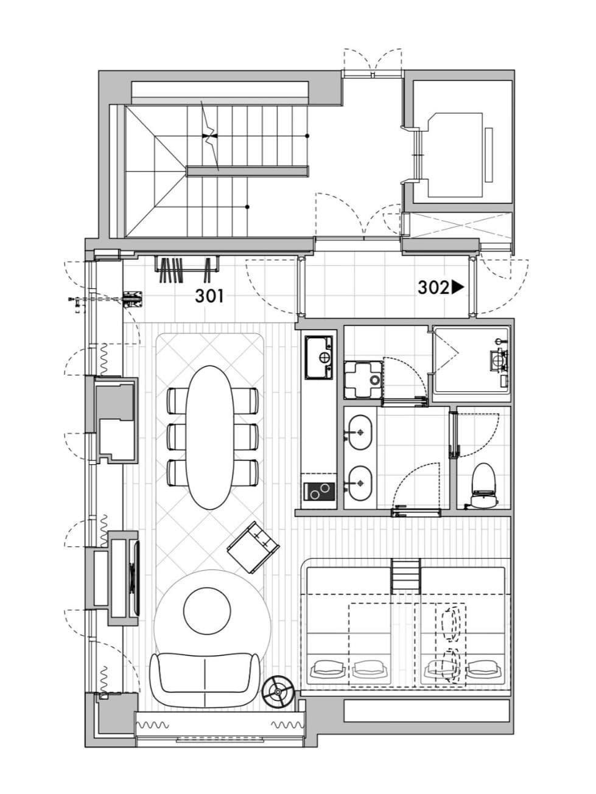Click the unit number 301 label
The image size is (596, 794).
coord(209,296)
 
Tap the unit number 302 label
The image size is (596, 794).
coord(433,288)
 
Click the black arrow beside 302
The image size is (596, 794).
coord(457,288)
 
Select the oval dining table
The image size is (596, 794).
coord(209,437)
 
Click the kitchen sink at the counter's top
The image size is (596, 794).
coord(318,357)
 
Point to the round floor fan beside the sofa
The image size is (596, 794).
coord(278,692)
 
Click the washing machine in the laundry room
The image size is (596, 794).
coord(363,379)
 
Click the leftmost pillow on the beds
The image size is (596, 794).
coord(328,668)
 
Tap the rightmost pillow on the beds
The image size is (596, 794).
coord(484,668)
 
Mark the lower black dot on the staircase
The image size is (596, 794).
coord(247,207)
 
